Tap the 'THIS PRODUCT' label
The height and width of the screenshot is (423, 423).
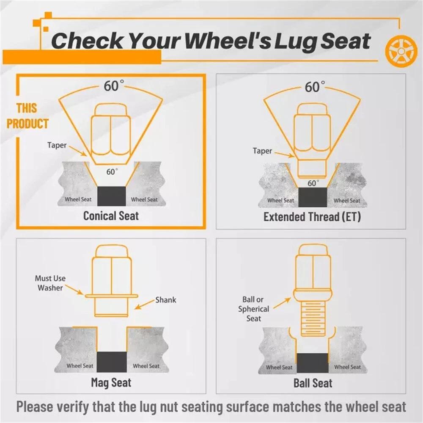click(27, 116)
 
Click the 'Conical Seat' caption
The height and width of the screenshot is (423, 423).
click(111, 216)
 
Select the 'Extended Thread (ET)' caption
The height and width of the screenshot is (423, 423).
click(312, 217)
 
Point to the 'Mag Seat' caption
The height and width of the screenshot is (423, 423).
click(111, 382)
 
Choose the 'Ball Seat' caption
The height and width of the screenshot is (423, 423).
click(313, 383)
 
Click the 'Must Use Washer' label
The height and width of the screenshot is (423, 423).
click(50, 283)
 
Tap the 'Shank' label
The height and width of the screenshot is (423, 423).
click(166, 300)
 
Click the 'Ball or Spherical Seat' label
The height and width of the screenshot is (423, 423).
click(253, 309)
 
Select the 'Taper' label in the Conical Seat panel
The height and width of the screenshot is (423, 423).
click(57, 145)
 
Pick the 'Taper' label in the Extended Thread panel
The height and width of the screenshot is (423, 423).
click(263, 151)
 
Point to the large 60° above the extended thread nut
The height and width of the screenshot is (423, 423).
click(315, 87)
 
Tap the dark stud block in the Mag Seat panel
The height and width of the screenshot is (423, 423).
click(112, 362)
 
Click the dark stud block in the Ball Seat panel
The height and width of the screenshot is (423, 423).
click(313, 363)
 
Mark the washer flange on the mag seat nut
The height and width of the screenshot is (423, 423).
click(112, 296)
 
